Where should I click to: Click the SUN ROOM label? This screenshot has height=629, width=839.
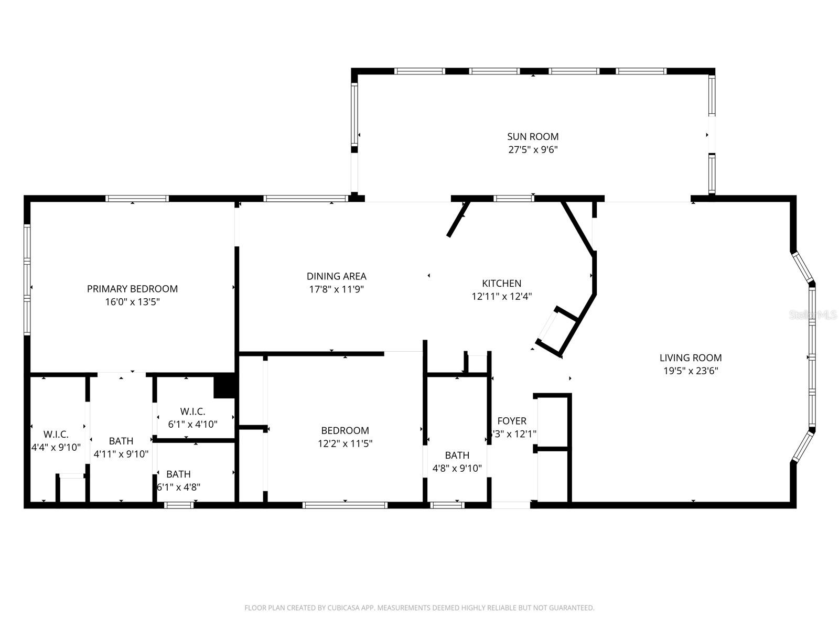533,137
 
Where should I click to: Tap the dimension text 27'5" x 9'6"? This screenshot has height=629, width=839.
533,150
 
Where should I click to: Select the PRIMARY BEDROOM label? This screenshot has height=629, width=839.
132,289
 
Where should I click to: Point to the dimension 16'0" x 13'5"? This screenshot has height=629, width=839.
132,302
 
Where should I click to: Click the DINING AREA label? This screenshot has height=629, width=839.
336,276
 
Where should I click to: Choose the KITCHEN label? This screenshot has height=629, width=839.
502,284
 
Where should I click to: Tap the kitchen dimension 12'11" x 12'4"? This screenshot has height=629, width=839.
502,297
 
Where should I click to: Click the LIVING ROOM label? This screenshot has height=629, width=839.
691,358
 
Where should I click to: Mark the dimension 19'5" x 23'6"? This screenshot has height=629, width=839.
691,371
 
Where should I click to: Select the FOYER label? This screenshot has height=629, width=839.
512,421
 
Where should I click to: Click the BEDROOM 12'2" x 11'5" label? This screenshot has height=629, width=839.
345,431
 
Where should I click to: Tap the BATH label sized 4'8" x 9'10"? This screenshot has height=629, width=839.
457,456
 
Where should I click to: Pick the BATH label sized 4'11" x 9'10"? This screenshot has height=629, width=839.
121,441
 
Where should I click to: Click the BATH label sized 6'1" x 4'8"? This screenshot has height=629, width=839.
178,474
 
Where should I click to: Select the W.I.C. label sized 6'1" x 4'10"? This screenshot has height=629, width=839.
192,411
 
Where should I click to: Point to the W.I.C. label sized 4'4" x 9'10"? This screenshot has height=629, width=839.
56,435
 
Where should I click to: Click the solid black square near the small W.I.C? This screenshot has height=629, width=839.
224,386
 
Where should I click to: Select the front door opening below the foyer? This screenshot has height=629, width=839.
511,505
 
